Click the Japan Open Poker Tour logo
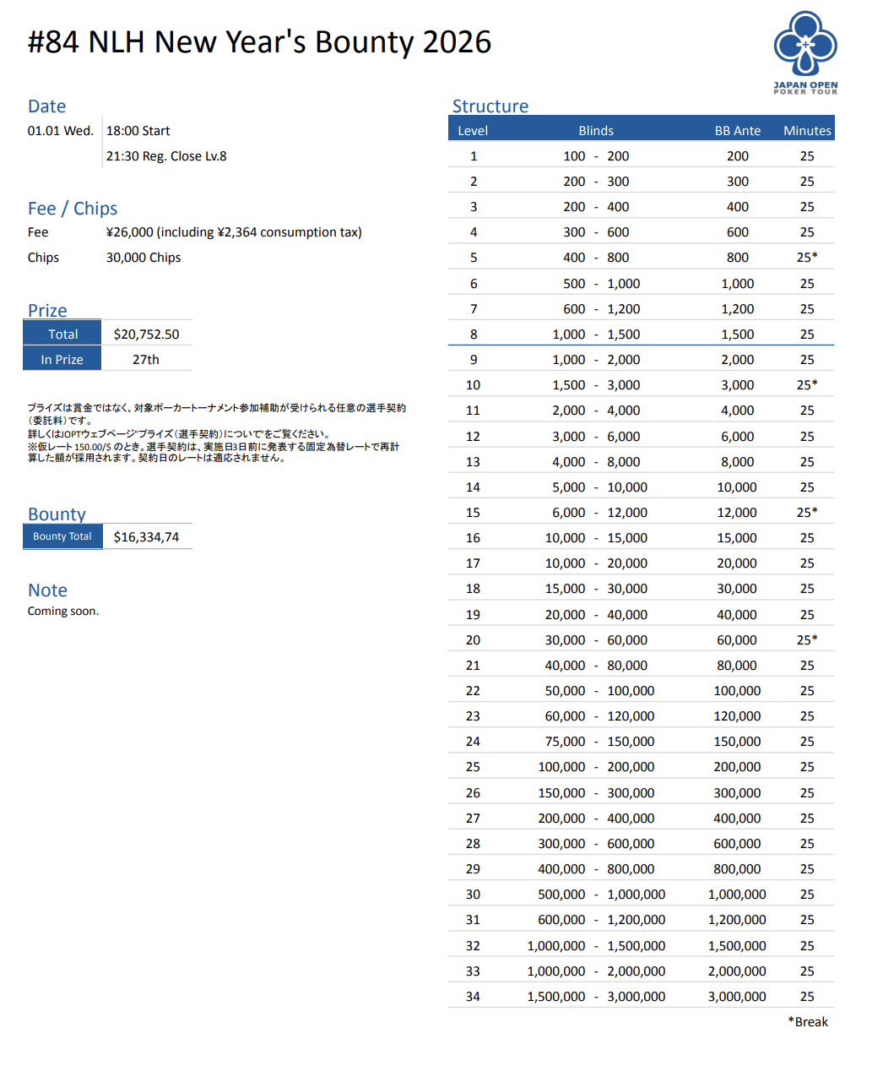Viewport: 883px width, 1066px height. tap(805, 52)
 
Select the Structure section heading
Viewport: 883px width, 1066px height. tap(490, 106)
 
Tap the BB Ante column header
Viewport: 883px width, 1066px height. tap(737, 131)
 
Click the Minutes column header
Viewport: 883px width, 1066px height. tap(807, 131)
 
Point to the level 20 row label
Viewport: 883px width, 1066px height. tap(473, 640)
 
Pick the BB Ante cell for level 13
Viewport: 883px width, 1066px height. tap(737, 462)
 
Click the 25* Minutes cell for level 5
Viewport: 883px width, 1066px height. tap(807, 258)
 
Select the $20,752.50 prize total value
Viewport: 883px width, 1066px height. tap(146, 334)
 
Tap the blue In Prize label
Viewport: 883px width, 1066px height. tap(62, 360)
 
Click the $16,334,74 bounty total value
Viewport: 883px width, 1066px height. tap(146, 537)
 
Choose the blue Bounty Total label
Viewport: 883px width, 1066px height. tap(62, 536)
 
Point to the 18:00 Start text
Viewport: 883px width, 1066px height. tap(138, 131)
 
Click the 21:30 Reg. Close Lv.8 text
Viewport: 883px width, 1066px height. tap(166, 156)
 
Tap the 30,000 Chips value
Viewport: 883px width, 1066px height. tap(144, 258)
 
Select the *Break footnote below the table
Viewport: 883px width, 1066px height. tap(808, 1022)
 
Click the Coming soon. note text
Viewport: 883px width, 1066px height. tap(63, 611)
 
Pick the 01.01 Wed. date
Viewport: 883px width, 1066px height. tap(61, 131)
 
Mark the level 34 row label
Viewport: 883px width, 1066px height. tap(473, 997)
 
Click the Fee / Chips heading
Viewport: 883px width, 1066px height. tap(73, 209)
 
